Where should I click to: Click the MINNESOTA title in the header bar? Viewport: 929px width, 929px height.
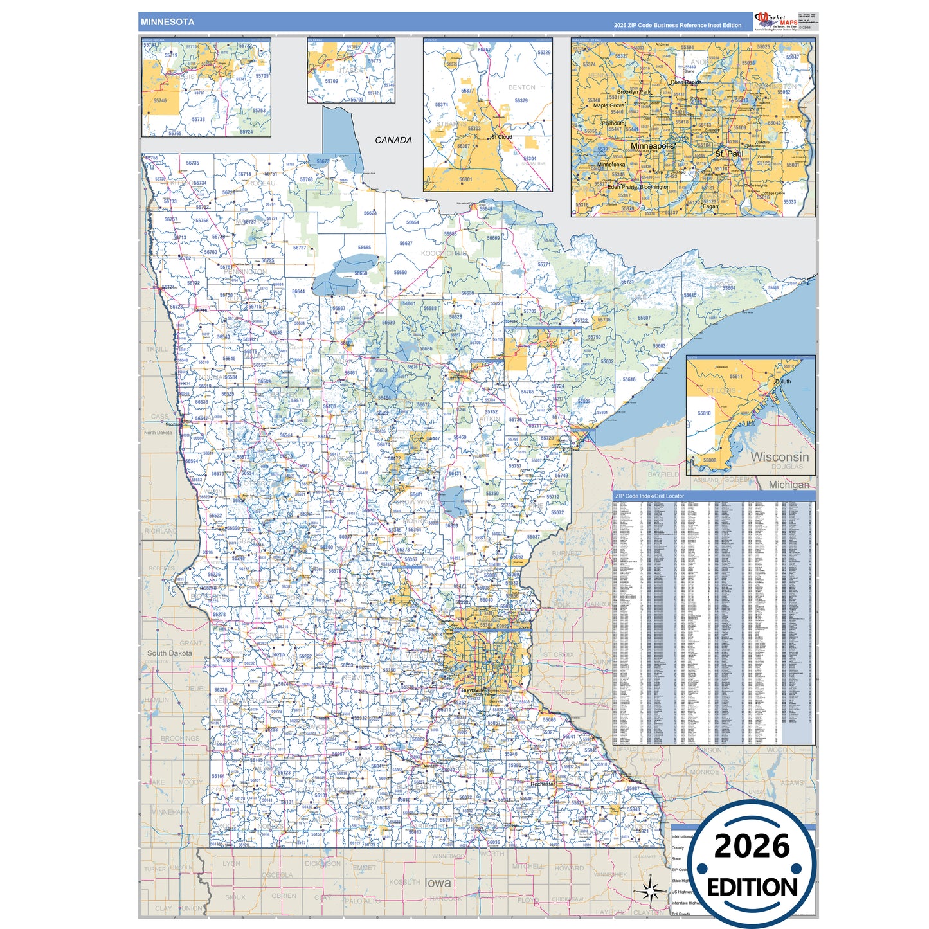(x=167, y=22)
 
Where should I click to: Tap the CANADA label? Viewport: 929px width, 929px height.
(x=393, y=140)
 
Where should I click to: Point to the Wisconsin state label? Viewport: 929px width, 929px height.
(x=779, y=457)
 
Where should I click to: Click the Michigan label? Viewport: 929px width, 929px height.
(x=789, y=485)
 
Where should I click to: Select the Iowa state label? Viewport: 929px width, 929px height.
(x=438, y=883)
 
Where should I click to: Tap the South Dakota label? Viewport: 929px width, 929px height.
(x=170, y=653)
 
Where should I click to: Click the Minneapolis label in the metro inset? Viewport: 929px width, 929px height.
(x=653, y=146)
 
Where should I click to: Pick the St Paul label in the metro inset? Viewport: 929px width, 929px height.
(x=729, y=154)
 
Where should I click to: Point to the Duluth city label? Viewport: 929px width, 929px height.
(x=783, y=381)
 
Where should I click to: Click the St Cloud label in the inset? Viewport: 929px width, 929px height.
(x=501, y=137)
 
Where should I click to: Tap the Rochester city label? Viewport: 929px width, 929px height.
(x=543, y=784)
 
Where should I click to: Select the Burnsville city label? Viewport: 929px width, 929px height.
(x=473, y=690)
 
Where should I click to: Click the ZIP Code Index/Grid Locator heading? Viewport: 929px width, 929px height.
(x=649, y=496)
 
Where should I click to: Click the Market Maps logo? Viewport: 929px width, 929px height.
(x=776, y=21)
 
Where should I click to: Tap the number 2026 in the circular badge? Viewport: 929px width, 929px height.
(x=752, y=847)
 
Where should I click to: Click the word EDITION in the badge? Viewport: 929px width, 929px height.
(x=752, y=888)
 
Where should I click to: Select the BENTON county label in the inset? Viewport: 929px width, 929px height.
(x=521, y=87)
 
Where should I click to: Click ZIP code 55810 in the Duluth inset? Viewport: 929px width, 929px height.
(x=705, y=413)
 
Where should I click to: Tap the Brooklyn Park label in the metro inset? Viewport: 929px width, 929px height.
(x=633, y=92)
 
